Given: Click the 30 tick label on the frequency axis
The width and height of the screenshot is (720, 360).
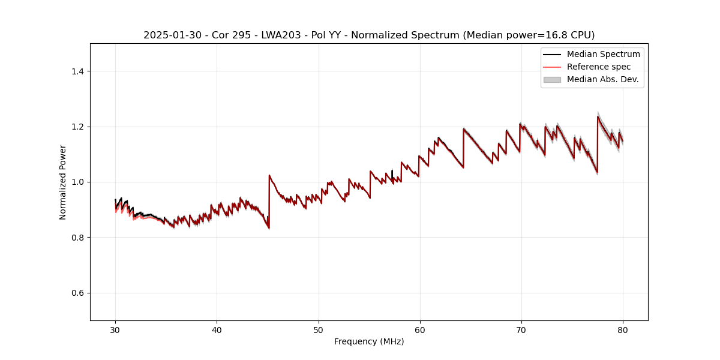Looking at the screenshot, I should pos(115,329).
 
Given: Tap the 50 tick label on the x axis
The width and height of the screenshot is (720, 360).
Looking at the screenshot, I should pos(319,329).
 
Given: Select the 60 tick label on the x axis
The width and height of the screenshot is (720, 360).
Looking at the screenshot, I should pos(420,329).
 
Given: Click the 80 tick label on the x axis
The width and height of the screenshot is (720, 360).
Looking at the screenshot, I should pos(623,329).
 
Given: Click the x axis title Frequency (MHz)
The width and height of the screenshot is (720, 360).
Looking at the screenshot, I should pos(369,341).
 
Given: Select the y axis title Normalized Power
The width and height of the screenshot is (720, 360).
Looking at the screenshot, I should pos(63,182).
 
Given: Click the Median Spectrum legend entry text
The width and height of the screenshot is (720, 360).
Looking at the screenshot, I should pos(603,54).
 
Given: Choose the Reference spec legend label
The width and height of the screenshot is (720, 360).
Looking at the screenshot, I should pos(599,67).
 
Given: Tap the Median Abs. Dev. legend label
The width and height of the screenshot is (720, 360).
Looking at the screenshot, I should pos(603,79).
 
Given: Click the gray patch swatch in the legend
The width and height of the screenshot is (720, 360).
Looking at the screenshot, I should pos(552,79).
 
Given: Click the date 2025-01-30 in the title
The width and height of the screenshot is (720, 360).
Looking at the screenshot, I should pos(168,35).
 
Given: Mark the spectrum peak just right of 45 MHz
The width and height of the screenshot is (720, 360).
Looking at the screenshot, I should pos(269,175).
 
